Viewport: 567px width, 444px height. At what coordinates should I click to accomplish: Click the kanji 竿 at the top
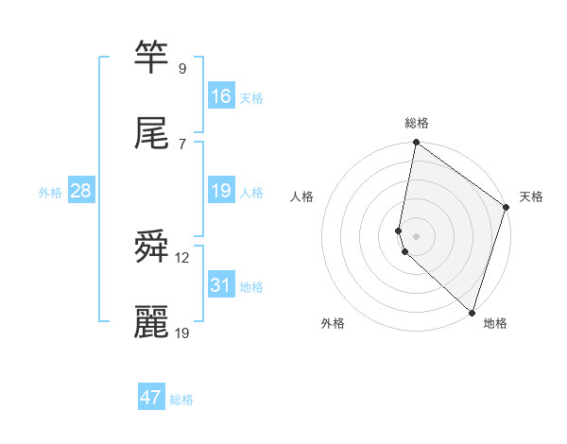151,58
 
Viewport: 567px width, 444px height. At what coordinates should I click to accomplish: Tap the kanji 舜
151,248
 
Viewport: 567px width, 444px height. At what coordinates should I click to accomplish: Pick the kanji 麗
151,321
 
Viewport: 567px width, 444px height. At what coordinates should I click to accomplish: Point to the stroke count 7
181,143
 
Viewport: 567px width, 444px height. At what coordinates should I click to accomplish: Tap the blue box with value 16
221,96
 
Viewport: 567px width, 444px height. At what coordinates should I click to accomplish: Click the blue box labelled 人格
221,191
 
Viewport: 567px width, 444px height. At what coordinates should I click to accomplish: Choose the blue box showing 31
221,285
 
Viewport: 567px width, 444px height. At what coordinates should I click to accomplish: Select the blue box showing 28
81,191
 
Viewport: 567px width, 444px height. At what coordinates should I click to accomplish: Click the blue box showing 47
151,397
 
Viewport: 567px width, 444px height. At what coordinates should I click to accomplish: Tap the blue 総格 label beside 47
181,400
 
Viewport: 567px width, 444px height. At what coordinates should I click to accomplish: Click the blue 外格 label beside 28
50,193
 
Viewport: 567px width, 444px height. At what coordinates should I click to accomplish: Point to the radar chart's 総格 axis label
416,123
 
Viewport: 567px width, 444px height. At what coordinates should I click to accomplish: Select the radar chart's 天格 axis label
531,196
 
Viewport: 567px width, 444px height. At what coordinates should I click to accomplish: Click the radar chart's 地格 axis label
495,323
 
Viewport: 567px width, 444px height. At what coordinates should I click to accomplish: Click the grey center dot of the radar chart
416,234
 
